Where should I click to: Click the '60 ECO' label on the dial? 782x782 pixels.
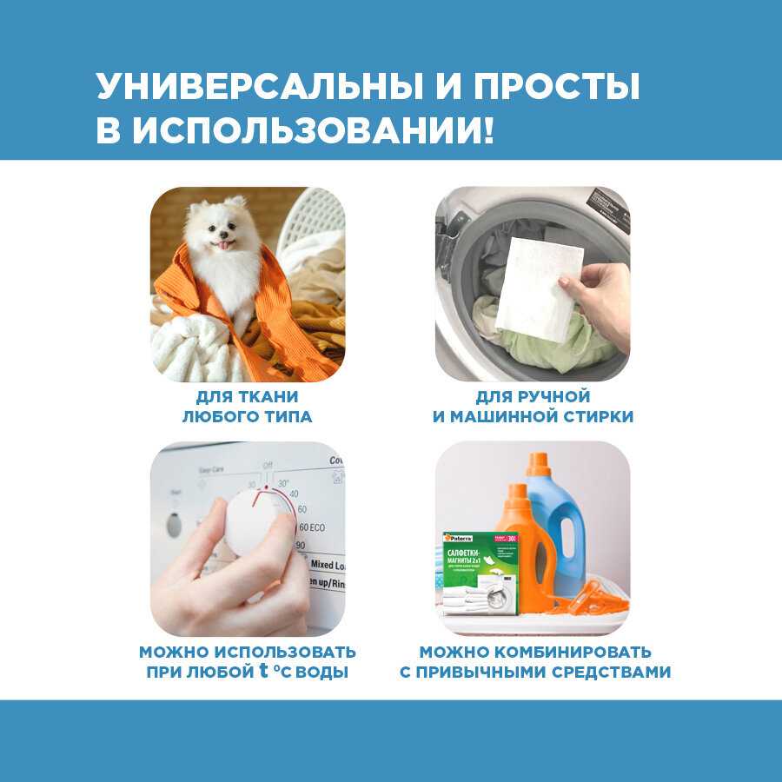tap(312, 527)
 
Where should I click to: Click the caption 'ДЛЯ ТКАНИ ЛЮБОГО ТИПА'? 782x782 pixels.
tap(247, 406)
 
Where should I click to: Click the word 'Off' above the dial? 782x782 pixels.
tap(268, 465)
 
